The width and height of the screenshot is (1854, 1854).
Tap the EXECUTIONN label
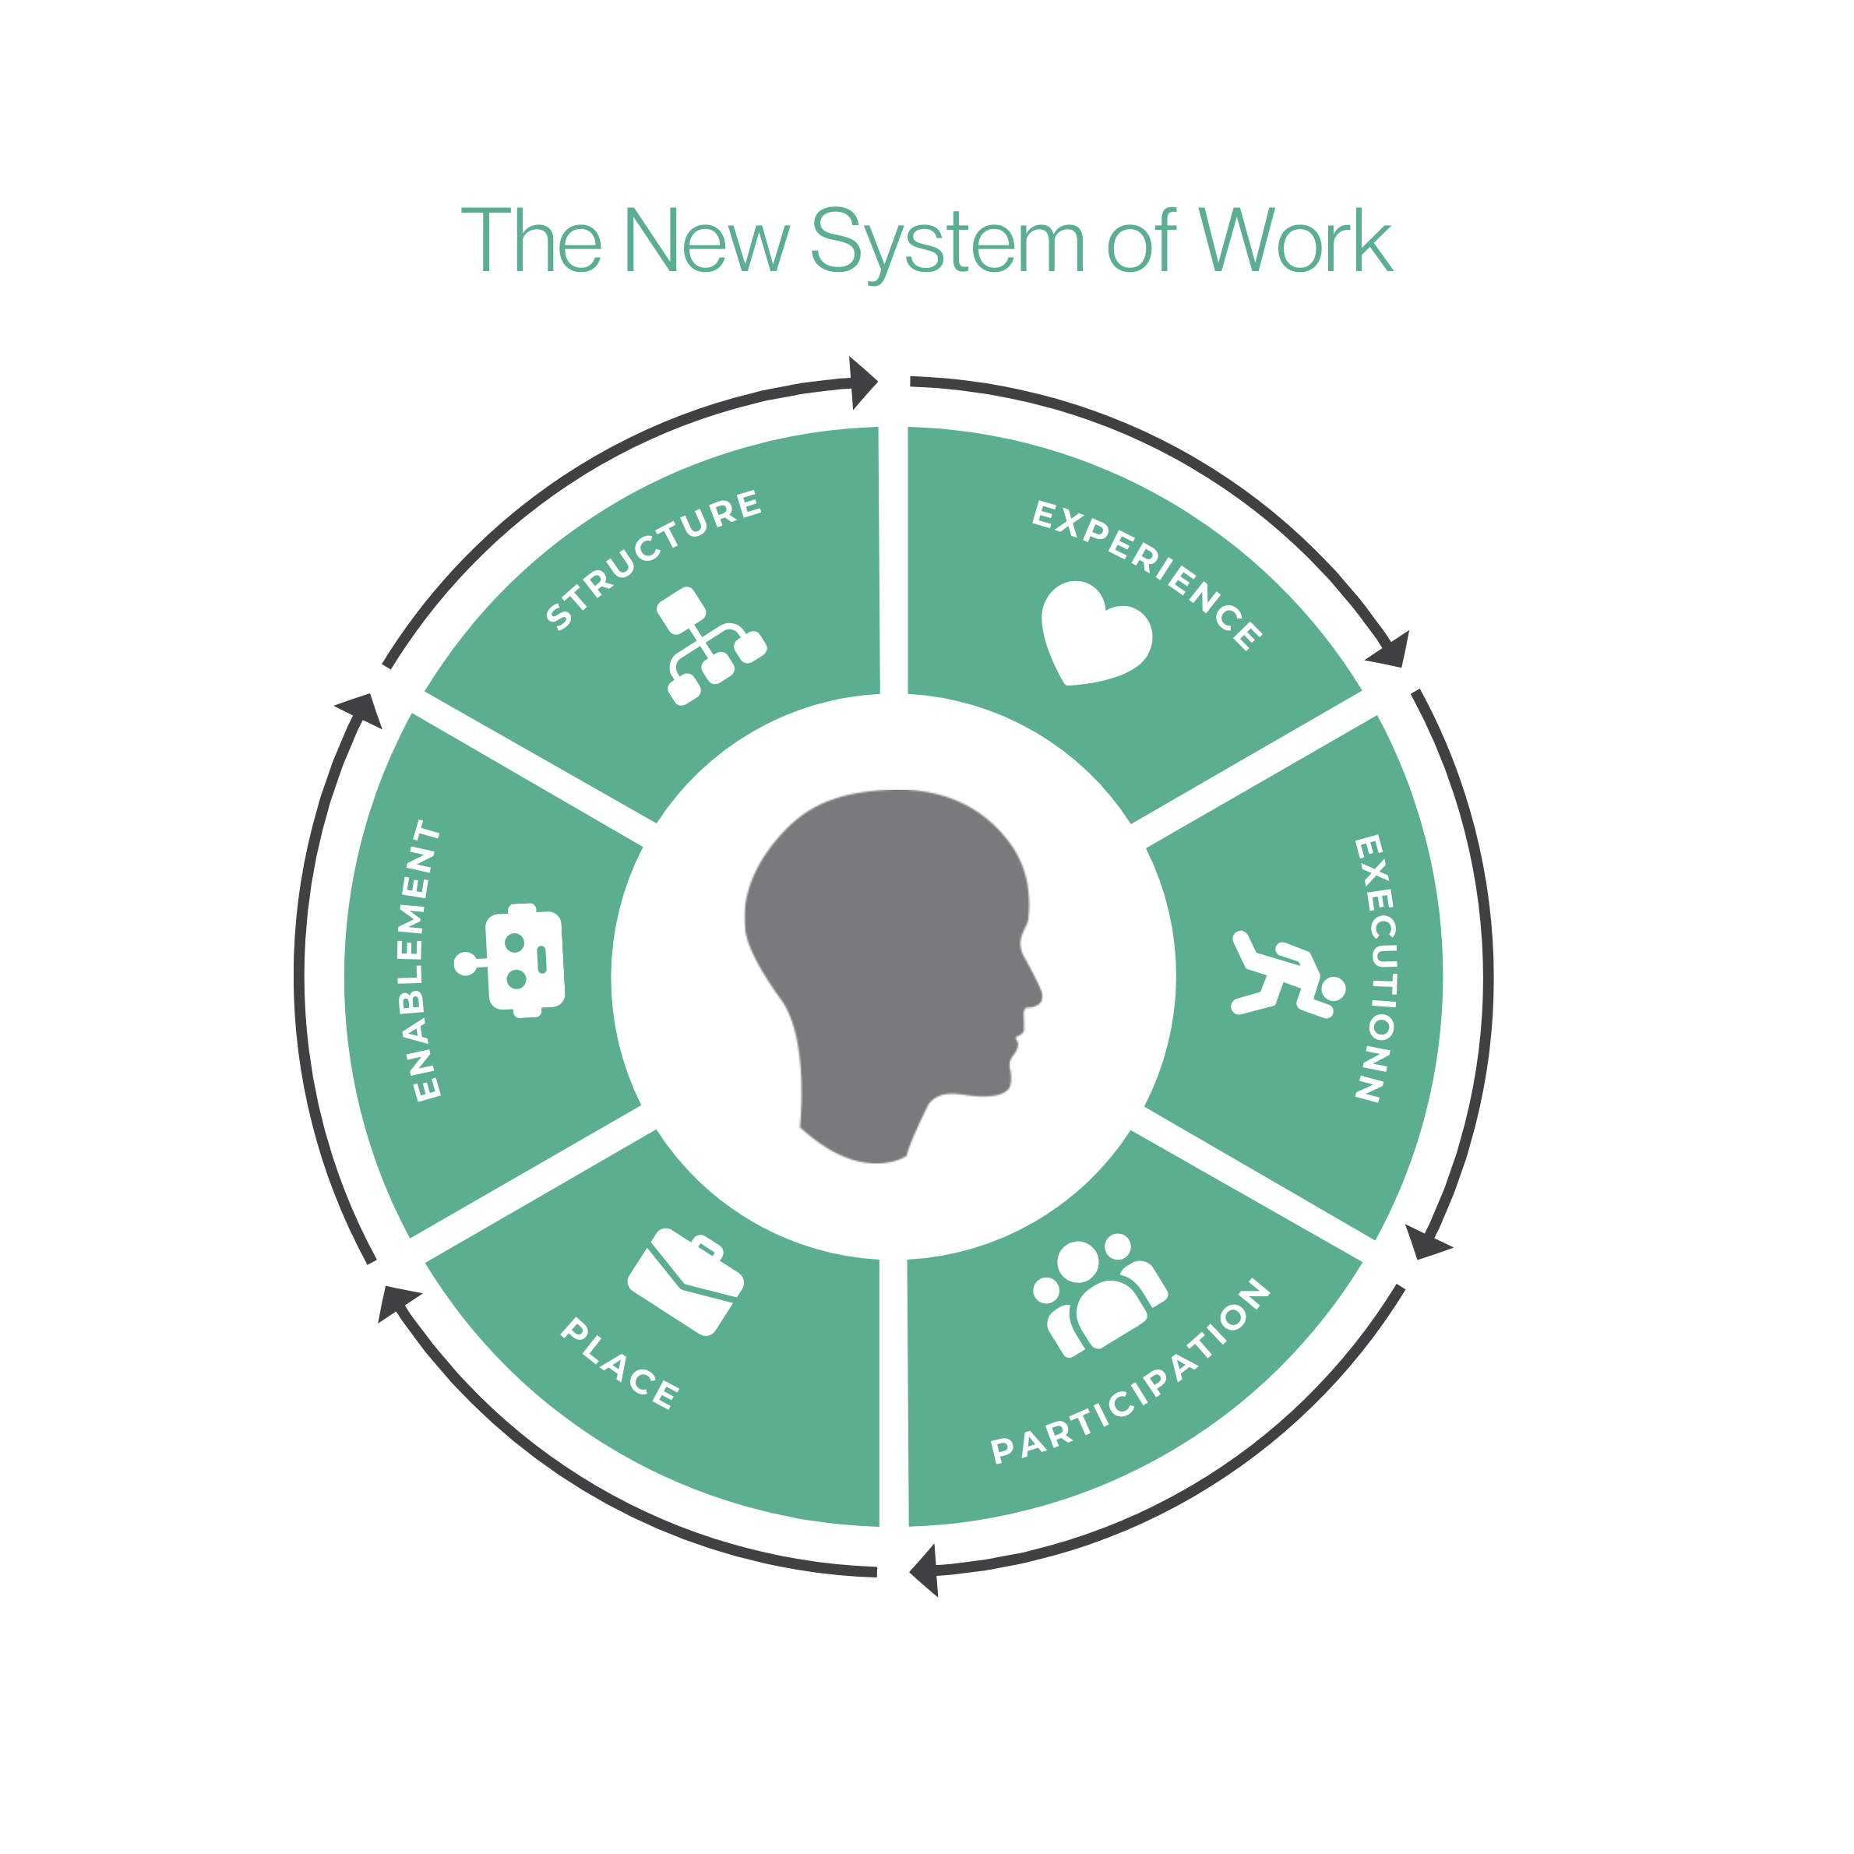click(x=1375, y=968)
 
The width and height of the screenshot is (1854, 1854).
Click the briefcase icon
click(x=686, y=1282)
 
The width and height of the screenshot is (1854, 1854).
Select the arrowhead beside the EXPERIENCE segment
click(x=1391, y=650)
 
